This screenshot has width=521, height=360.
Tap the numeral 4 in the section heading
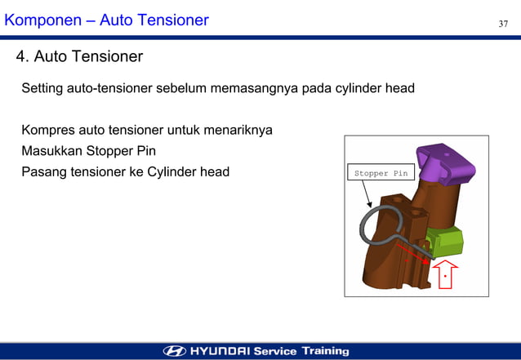pyautogui.click(x=20, y=57)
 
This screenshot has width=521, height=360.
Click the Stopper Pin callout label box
pyautogui.click(x=380, y=173)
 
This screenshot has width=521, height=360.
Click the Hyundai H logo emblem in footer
pyautogui.click(x=175, y=351)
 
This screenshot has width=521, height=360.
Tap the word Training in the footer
pyautogui.click(x=325, y=351)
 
